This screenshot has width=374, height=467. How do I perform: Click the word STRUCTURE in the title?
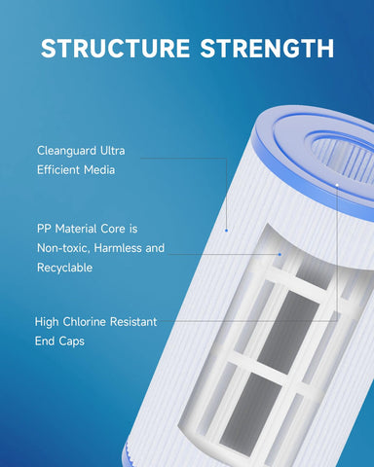coord(115,49)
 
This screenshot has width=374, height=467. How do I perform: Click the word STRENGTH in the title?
coord(267,49)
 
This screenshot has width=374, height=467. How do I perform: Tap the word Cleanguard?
coord(66,151)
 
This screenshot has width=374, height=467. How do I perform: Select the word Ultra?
coord(112,151)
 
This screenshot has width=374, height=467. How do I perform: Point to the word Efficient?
coord(58,170)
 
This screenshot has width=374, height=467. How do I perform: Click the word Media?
coord(99,170)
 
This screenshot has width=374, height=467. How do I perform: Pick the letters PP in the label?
coord(44,229)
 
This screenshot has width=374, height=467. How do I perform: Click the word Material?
coord(76,229)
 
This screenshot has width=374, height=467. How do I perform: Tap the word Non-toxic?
coord(63,248)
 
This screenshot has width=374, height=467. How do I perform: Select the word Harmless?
coord(118,248)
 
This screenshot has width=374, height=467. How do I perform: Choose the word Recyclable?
coord(65,268)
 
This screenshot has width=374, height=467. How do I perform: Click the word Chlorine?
coord(85,322)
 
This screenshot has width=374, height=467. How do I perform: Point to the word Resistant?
coord(133,322)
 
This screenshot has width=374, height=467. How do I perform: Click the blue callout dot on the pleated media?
coord(226,231)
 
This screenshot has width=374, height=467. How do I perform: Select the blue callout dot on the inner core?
coord(280,254)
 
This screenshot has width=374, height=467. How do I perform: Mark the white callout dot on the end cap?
coord(337,185)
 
